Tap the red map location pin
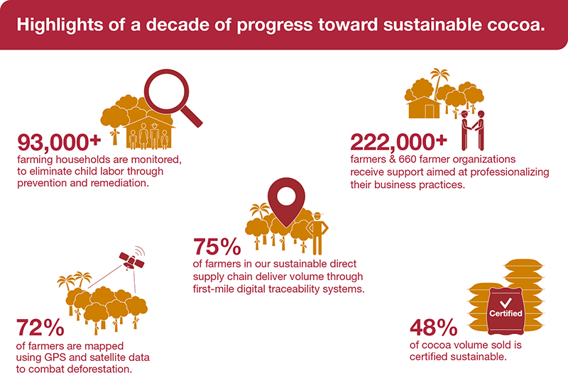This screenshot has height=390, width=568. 285,205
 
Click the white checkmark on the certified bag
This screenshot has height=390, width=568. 505,301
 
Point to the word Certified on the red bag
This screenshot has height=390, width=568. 505,313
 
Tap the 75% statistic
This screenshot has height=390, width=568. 217,247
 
